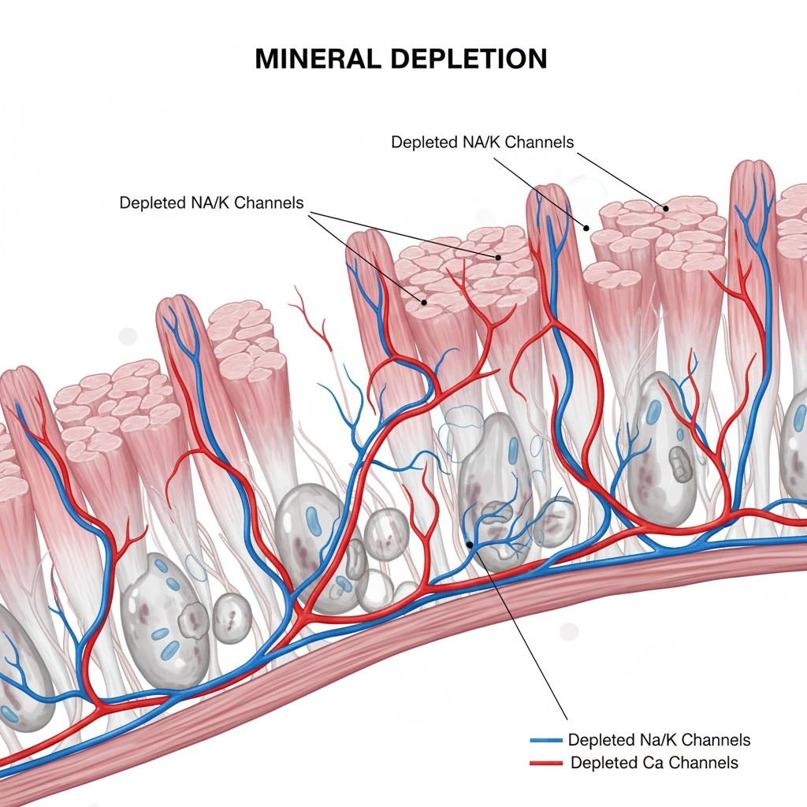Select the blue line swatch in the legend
coord(547,741)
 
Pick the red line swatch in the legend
coord(547,763)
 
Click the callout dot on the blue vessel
coord(470,543)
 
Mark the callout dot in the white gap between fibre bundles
coord(586,227)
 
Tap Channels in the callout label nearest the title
coord(539,143)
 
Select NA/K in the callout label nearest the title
coord(478,143)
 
